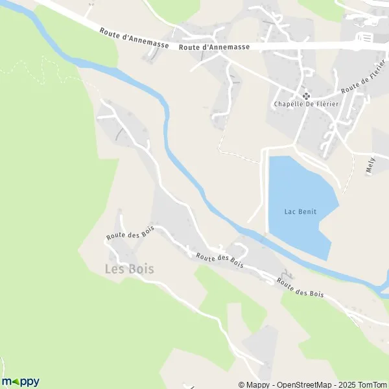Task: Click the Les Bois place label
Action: pyautogui.click(x=129, y=268)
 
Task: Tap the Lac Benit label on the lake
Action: pyautogui.click(x=300, y=211)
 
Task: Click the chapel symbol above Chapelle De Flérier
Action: pyautogui.click(x=306, y=96)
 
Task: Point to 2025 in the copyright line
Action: pyautogui.click(x=344, y=384)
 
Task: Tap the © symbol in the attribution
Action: pyautogui.click(x=241, y=384)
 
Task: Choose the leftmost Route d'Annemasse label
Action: pyautogui.click(x=134, y=38)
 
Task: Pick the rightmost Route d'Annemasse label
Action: pyautogui.click(x=213, y=47)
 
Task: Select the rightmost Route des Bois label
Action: pyautogui.click(x=300, y=289)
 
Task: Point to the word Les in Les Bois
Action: pyautogui.click(x=114, y=268)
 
